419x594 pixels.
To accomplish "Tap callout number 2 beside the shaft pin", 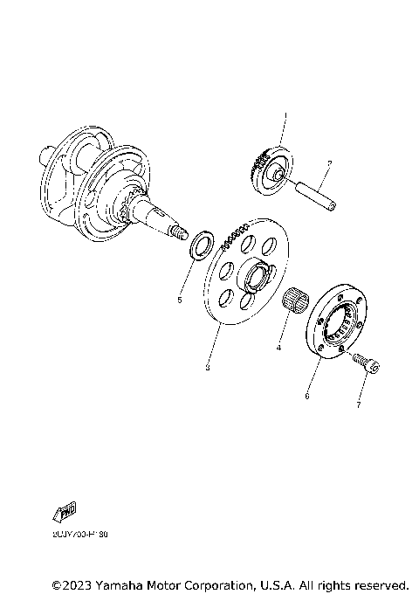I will pyautogui.click(x=328, y=162).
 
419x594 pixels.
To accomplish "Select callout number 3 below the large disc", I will pyautogui.click(x=207, y=367).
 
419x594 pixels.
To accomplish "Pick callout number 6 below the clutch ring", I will pyautogui.click(x=306, y=395).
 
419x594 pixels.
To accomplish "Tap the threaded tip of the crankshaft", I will pyautogui.click(x=180, y=231).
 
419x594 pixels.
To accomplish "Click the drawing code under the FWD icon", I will pyautogui.click(x=76, y=532).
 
